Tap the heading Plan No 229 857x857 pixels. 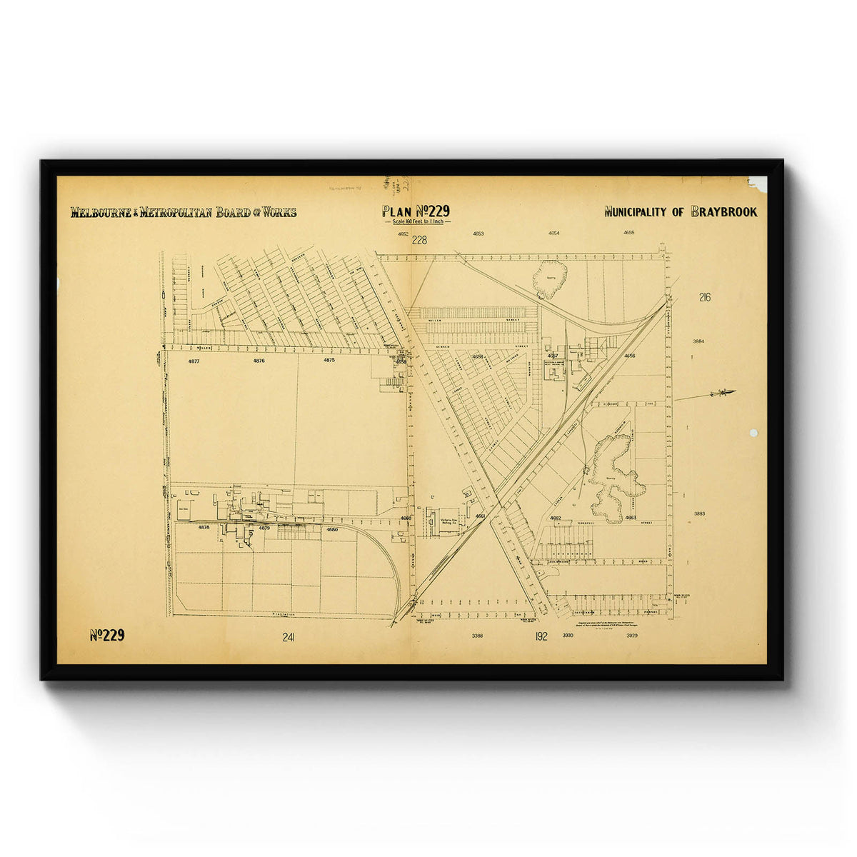point(415,211)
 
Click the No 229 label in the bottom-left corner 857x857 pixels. point(107,636)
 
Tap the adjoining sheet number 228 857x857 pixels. point(419,240)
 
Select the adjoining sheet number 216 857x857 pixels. point(706,298)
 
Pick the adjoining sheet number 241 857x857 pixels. point(289,637)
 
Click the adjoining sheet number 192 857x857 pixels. point(541,636)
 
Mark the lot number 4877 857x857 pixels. point(194,361)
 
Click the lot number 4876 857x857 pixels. point(259,361)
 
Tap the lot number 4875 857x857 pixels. point(329,361)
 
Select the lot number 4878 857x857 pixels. point(204,527)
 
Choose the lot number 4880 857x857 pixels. point(331,529)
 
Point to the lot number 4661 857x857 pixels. point(480,516)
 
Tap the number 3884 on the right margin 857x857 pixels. point(698,341)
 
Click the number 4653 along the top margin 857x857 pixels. point(478,234)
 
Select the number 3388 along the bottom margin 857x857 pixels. point(477,635)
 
